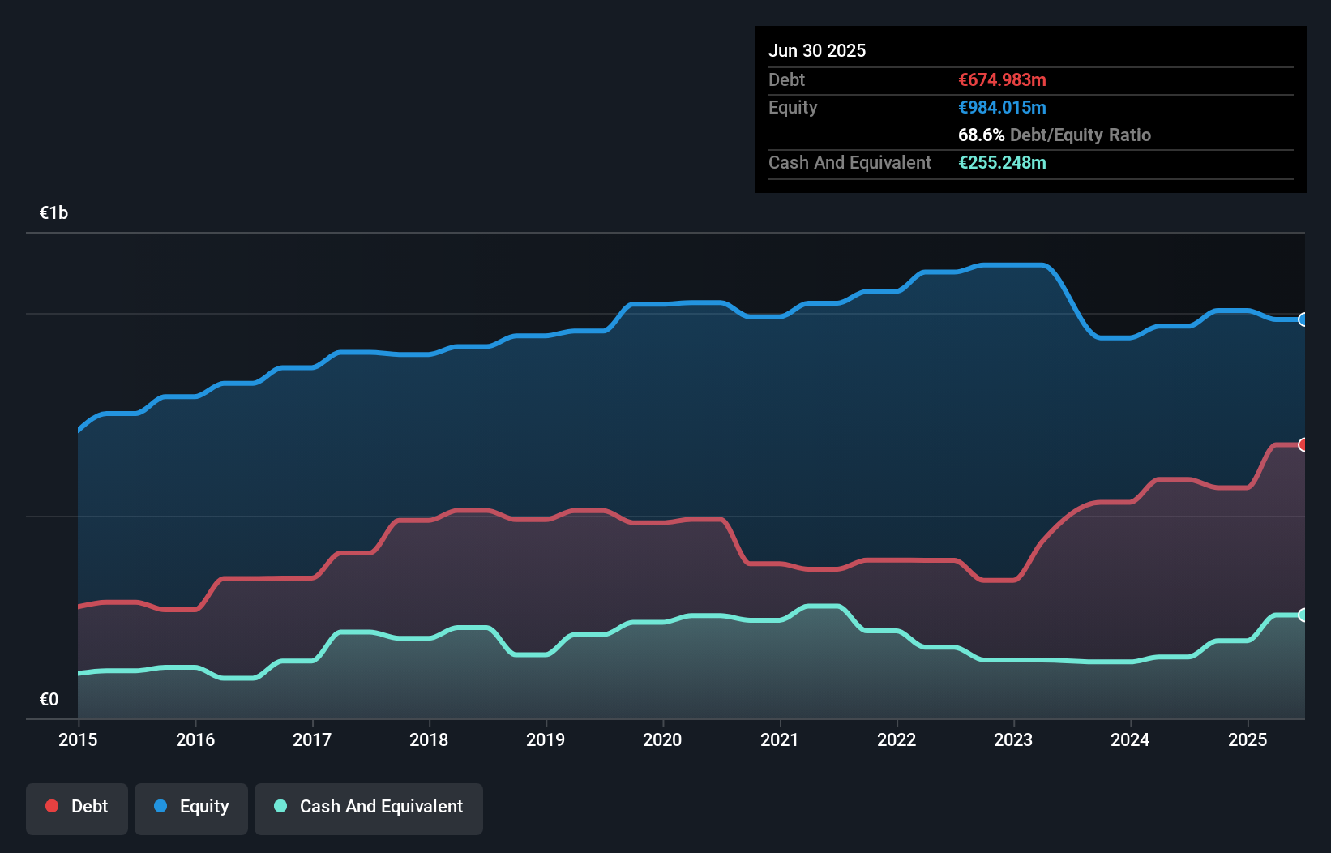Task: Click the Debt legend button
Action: [x=77, y=807]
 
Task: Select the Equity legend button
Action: [x=191, y=807]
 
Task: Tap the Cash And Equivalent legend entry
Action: [x=369, y=807]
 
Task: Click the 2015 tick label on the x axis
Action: [x=78, y=739]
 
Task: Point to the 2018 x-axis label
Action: [x=429, y=739]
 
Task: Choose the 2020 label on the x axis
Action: [x=662, y=739]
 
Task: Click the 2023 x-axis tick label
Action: [x=1013, y=739]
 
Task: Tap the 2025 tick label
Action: [x=1247, y=739]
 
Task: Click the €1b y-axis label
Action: [x=53, y=213]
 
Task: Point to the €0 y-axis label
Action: [x=49, y=699]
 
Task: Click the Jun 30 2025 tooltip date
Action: [x=817, y=50]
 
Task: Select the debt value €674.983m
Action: [x=1002, y=79]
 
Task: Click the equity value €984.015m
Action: [x=1002, y=107]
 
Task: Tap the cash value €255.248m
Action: [x=1002, y=162]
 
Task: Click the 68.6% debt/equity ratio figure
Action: [x=981, y=135]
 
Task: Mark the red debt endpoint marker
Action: [x=1303, y=444]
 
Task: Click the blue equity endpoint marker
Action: [x=1303, y=319]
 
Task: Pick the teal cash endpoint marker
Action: [x=1303, y=615]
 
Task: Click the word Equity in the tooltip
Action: [x=793, y=107]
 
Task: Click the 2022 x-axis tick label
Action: [x=897, y=739]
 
